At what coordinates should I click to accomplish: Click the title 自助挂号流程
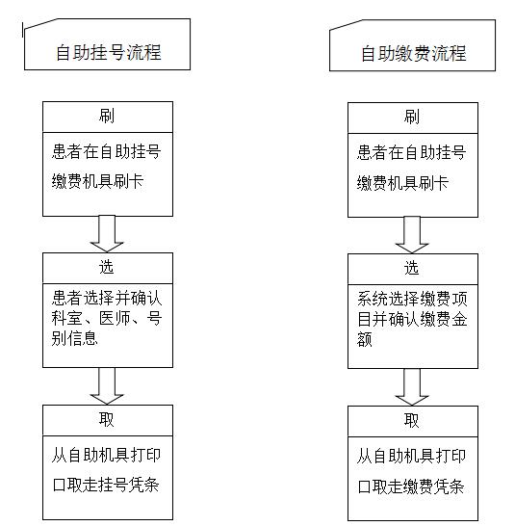click(x=109, y=53)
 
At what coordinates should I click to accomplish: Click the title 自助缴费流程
click(x=413, y=54)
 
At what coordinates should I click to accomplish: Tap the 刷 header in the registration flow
click(x=107, y=116)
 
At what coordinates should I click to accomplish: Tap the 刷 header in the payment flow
click(x=412, y=118)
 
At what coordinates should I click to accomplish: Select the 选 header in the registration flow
click(x=107, y=268)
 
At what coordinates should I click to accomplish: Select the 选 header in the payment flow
click(x=412, y=269)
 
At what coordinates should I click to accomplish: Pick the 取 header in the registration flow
click(x=107, y=419)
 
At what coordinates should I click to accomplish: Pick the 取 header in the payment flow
click(x=412, y=420)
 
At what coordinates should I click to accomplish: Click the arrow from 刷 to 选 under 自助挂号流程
click(x=107, y=234)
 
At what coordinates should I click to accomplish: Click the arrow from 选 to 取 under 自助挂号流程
click(x=107, y=385)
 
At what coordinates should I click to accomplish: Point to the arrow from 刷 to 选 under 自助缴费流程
click(x=412, y=235)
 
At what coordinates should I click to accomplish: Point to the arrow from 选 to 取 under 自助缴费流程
click(x=412, y=387)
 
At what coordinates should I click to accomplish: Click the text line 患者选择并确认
click(x=107, y=299)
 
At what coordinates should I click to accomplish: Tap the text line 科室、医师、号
click(x=107, y=318)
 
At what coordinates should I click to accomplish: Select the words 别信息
click(x=74, y=338)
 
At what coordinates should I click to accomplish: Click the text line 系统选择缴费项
click(x=412, y=300)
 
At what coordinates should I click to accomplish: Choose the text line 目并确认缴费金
click(x=412, y=319)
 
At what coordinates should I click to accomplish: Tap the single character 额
click(x=365, y=339)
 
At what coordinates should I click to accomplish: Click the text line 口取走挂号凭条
click(x=106, y=485)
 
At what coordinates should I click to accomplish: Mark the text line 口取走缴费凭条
click(x=411, y=487)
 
